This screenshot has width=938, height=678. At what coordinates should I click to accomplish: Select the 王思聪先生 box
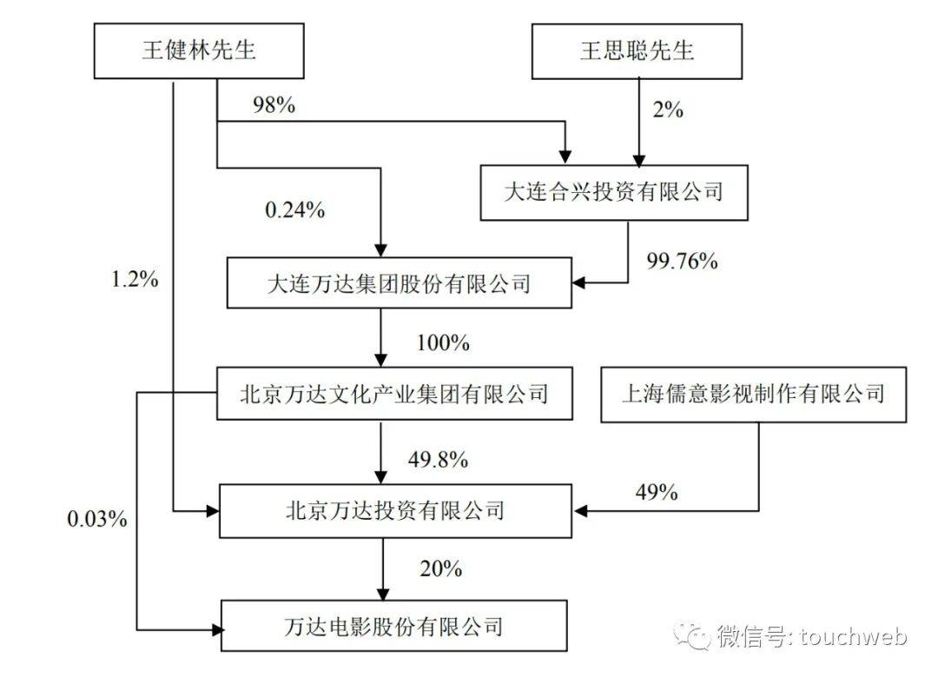pyautogui.click(x=637, y=50)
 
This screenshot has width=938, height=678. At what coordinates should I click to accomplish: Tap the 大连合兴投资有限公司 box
pyautogui.click(x=613, y=190)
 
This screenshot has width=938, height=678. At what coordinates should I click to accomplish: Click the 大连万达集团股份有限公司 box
pyautogui.click(x=399, y=282)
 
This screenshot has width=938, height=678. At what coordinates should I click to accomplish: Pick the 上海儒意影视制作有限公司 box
pyautogui.click(x=753, y=394)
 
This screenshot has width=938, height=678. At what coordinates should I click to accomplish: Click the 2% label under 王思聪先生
pyautogui.click(x=667, y=110)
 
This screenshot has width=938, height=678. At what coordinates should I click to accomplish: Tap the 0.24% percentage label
pyautogui.click(x=294, y=209)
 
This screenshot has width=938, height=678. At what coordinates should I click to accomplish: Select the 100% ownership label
pyautogui.click(x=442, y=342)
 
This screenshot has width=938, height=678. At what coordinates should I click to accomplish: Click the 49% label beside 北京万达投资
pyautogui.click(x=655, y=491)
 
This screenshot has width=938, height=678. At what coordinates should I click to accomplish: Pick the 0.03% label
pyautogui.click(x=97, y=519)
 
